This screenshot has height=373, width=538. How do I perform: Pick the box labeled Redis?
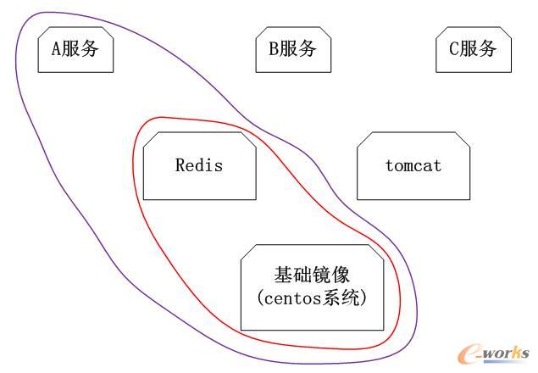[199, 165]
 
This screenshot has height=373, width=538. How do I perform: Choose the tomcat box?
[413, 165]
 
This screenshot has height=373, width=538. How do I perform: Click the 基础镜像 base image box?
[314, 287]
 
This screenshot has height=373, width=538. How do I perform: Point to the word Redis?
[199, 165]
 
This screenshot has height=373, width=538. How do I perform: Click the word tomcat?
[413, 165]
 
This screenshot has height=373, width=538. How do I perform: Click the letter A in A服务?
[57, 49]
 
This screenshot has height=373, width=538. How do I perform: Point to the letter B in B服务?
[274, 49]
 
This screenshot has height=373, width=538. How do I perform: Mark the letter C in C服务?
[454, 49]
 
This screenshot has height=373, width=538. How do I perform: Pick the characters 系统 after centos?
[349, 298]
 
